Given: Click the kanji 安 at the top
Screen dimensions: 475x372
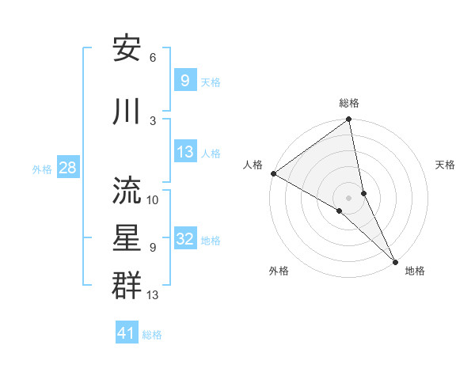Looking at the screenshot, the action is click(x=127, y=48).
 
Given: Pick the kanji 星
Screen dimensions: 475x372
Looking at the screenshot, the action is click(x=127, y=237).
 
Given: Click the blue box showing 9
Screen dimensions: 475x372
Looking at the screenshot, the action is click(x=184, y=80).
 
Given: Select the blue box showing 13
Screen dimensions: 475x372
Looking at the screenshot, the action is click(x=184, y=152).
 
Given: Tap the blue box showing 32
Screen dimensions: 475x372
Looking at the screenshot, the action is click(x=184, y=240).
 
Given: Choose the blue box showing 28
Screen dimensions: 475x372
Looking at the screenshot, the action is click(x=66, y=168).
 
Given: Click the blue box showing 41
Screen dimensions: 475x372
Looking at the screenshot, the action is click(x=127, y=333).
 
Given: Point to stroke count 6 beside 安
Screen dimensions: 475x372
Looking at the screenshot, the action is click(x=153, y=58).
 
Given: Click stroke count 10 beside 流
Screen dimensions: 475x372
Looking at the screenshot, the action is click(x=153, y=199).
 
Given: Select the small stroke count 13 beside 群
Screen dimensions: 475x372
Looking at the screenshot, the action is click(x=154, y=295).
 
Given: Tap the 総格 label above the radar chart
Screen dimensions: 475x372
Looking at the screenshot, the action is click(x=349, y=103).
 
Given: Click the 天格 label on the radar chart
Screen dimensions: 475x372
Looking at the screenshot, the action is click(x=446, y=165).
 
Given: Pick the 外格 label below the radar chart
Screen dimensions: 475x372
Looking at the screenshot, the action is click(x=279, y=271).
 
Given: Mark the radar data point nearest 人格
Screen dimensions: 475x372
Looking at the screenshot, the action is click(x=273, y=173).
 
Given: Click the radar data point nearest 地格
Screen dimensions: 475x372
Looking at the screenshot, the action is click(x=396, y=260).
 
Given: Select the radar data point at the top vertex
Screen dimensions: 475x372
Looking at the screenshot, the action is click(x=349, y=120).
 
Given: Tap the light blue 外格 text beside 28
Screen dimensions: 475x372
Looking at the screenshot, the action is click(x=42, y=169).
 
